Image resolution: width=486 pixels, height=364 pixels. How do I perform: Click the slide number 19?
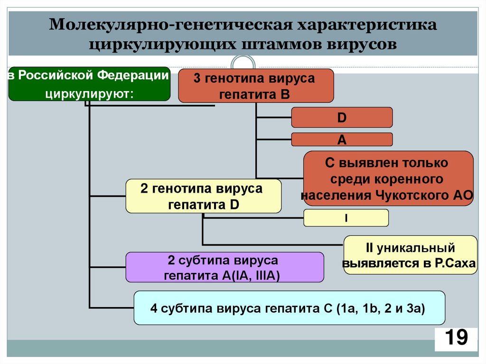click(x=456, y=338)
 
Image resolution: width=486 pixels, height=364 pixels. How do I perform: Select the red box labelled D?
click(x=342, y=117)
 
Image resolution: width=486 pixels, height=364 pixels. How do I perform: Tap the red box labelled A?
click(x=342, y=140)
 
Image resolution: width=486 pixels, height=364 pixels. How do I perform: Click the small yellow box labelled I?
click(x=346, y=218)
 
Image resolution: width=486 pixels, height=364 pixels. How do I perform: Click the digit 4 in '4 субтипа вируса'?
click(x=153, y=308)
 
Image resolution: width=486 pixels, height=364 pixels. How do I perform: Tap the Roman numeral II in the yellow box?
click(x=371, y=248)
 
